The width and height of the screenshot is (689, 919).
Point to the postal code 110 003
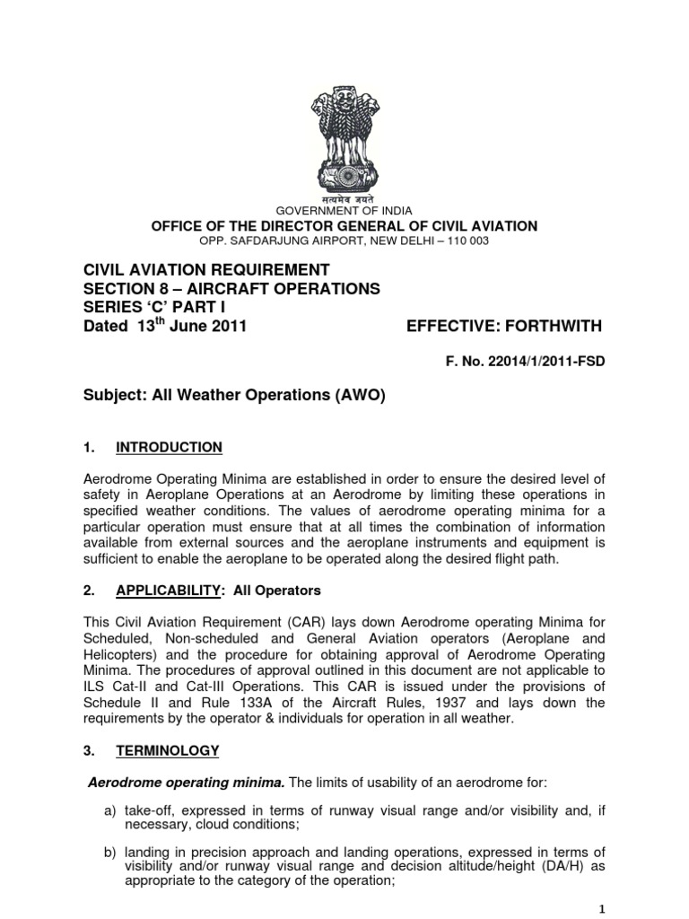464,241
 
